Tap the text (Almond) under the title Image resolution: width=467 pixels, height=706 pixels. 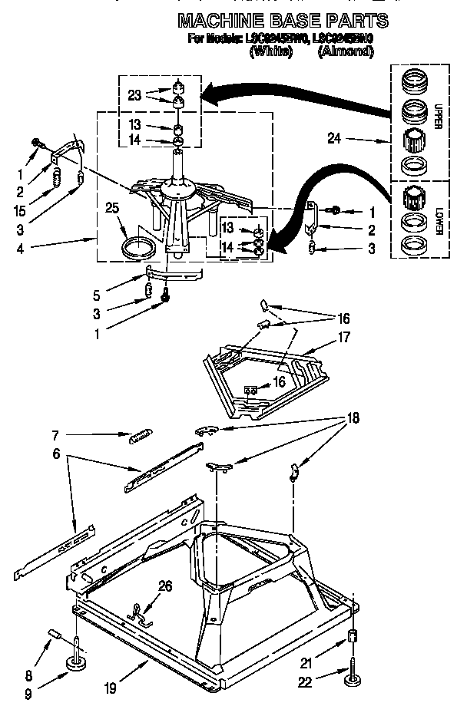pos(346,52)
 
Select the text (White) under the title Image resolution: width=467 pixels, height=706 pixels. pos(271,52)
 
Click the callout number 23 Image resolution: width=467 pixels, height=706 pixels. pos(134,96)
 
